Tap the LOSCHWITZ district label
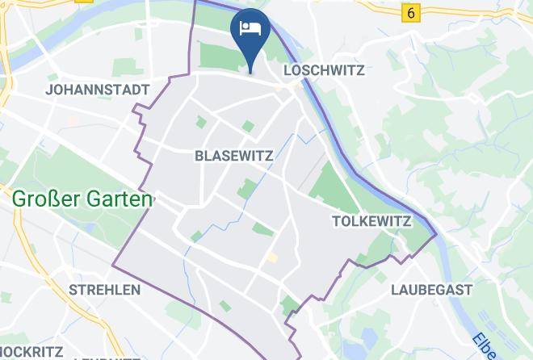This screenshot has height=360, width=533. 324,71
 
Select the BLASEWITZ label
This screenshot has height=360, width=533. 234,156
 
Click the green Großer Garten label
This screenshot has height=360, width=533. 82,199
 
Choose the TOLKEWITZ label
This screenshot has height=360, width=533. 372,221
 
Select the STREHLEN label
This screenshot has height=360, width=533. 105,289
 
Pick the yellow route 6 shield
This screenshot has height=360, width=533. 413,13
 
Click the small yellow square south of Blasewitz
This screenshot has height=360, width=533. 272,257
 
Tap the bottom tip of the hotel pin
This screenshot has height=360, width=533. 251,71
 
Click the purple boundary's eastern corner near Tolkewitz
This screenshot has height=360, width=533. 437,236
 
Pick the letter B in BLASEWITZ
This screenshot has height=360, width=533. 199,156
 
